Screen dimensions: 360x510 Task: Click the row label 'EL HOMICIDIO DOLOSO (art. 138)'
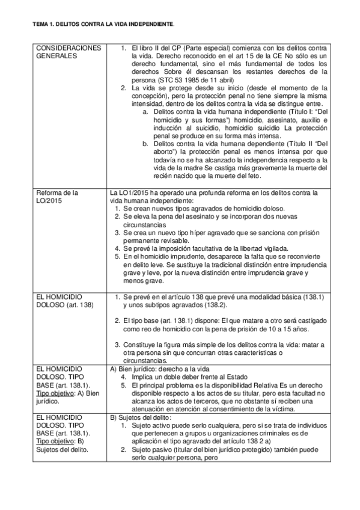click(63, 301)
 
